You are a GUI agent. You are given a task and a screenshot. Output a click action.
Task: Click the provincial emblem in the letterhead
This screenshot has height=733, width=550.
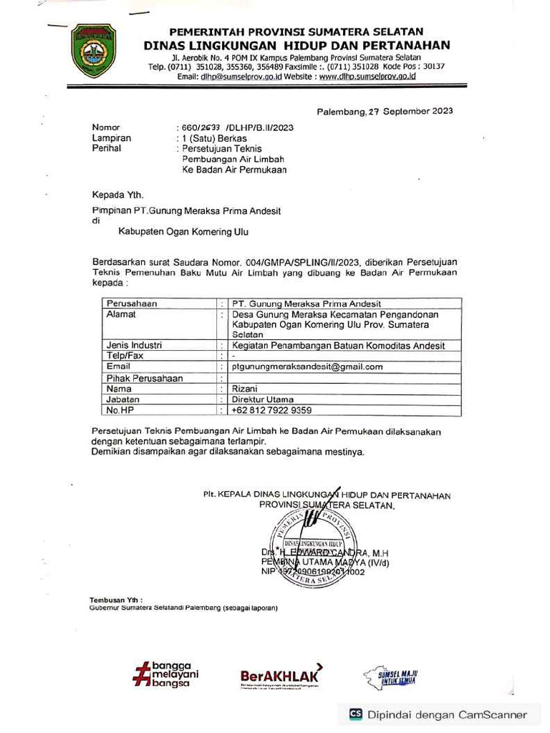[x=93, y=51]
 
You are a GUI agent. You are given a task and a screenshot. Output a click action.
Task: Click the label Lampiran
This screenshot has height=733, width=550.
[x=111, y=138]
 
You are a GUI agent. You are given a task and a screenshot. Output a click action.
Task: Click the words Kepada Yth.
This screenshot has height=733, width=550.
[x=117, y=195]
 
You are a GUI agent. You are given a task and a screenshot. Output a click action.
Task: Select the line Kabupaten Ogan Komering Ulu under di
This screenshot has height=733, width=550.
[x=185, y=233]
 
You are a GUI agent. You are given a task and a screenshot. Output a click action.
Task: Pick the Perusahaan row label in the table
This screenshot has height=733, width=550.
[x=131, y=304]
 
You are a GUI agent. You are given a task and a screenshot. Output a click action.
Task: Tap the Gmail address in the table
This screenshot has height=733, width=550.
[x=307, y=366]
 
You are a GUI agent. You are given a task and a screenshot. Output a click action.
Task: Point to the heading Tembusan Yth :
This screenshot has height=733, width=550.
[x=116, y=599]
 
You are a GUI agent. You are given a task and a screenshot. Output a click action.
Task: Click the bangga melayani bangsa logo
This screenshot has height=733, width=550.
[x=165, y=674]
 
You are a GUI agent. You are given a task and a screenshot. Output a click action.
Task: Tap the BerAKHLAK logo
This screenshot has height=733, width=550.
[x=281, y=675]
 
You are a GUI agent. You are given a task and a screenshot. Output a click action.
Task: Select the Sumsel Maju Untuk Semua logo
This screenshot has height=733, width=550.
[x=392, y=676]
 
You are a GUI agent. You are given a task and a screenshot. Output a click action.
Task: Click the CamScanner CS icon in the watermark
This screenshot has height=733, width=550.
[x=355, y=714]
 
